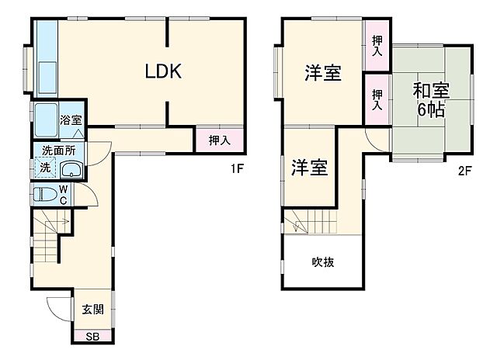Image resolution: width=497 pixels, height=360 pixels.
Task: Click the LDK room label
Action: pos(164,72)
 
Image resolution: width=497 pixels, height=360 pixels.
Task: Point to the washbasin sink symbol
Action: pos(72,171)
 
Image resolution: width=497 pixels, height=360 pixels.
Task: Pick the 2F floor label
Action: pos(464,171)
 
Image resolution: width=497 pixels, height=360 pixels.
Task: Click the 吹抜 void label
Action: pos(324,262)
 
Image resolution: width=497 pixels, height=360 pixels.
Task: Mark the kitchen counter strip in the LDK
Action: pos(46,58)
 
